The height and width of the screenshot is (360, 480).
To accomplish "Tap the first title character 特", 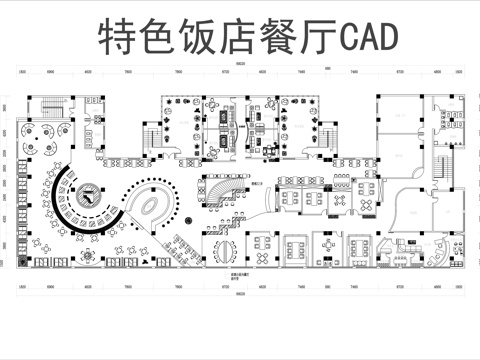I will click(x=118, y=37).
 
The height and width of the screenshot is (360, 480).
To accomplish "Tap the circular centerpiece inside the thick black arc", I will click(x=89, y=195).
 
